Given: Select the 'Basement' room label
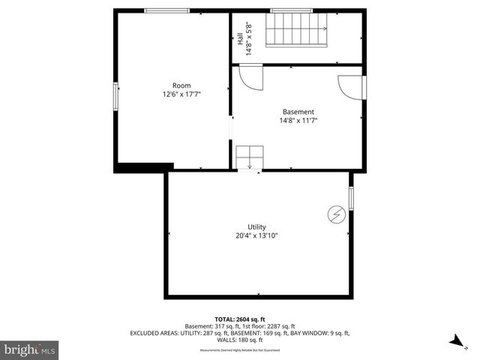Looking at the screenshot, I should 297,112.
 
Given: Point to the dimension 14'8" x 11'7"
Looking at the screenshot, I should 297,121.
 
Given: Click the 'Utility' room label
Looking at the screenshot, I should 257,227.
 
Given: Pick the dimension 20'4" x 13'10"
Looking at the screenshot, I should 257,236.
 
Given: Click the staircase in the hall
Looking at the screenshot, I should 298,31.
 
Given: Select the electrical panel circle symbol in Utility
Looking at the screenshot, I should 335,215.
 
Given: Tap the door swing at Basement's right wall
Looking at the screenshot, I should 349,86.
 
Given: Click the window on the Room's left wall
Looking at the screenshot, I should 115,96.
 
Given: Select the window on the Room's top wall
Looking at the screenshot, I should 167,10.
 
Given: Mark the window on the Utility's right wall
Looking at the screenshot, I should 351,199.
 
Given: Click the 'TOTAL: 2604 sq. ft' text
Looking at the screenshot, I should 239,319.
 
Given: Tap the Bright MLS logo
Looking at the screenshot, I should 30,349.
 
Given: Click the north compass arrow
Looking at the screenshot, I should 454,342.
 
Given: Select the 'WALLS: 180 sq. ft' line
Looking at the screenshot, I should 239,339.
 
